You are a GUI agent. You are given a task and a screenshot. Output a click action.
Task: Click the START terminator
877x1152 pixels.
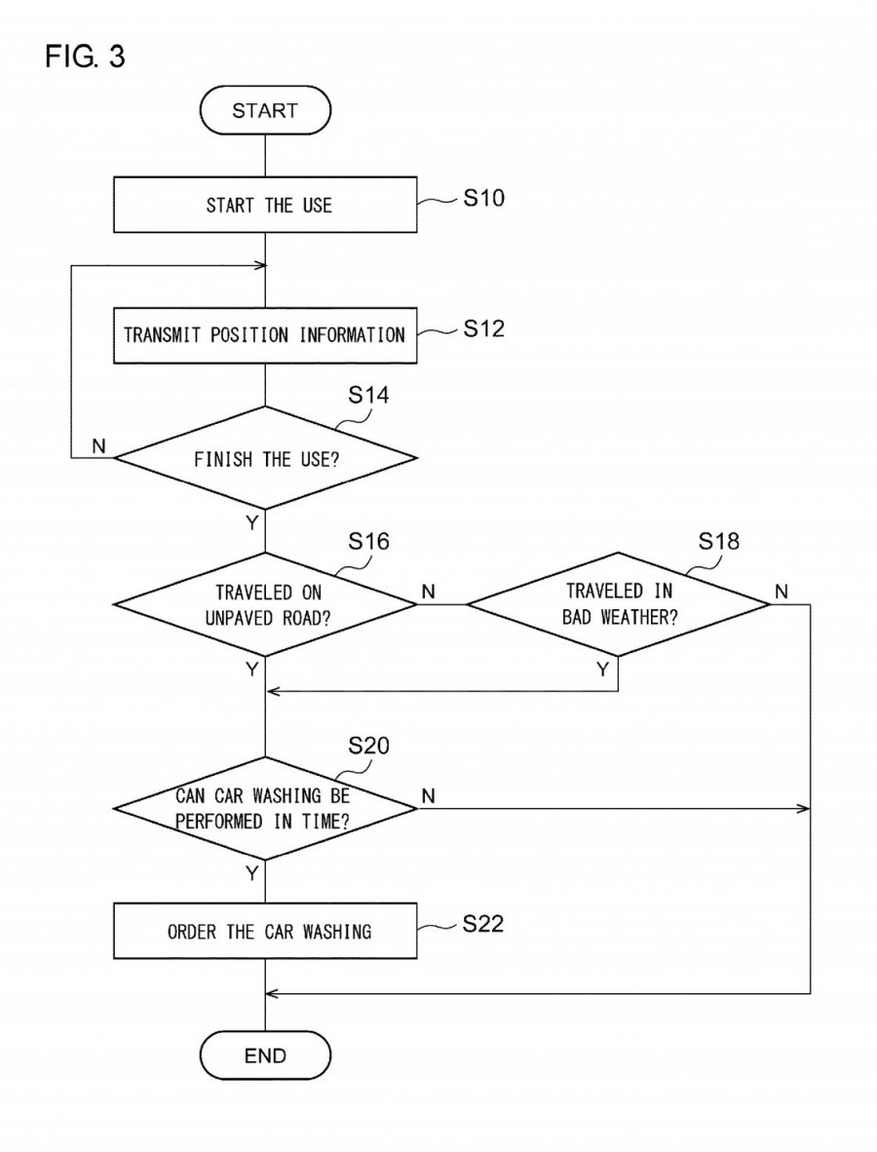point(266,110)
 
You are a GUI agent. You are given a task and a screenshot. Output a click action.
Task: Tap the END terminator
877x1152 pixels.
point(266,1056)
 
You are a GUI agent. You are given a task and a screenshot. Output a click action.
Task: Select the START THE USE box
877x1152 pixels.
point(266,205)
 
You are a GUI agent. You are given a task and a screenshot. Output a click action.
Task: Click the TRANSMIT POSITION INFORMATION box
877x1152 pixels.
point(266,335)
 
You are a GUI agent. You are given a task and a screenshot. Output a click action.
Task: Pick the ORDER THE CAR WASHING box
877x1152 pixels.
point(266,931)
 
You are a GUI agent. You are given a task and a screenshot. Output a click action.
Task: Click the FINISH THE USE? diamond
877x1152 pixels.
point(266,458)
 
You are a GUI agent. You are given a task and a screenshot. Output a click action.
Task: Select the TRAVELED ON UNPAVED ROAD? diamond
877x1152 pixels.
point(266,603)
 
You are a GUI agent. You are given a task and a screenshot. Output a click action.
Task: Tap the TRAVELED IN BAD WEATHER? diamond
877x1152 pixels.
point(618,603)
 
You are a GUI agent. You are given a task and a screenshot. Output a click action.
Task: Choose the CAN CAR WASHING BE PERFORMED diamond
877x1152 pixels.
point(266,808)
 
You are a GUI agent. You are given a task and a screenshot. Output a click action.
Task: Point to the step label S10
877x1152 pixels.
point(483,199)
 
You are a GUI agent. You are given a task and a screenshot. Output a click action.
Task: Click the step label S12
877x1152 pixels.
point(483,329)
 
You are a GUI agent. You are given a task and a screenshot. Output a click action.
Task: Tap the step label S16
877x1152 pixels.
point(368,542)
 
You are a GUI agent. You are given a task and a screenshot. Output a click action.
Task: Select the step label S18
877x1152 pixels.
point(719,542)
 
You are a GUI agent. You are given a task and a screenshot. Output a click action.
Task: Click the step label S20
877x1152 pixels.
point(368,747)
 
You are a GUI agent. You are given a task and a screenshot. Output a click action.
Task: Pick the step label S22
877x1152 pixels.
point(483,924)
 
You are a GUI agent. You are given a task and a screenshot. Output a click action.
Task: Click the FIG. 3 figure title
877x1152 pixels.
point(85,58)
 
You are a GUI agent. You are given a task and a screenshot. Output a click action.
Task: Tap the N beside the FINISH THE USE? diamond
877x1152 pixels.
point(97,445)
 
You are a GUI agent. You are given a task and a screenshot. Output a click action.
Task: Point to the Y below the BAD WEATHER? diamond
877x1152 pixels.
point(602,669)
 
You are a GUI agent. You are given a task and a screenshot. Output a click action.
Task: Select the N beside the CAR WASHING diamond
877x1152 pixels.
point(427,796)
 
